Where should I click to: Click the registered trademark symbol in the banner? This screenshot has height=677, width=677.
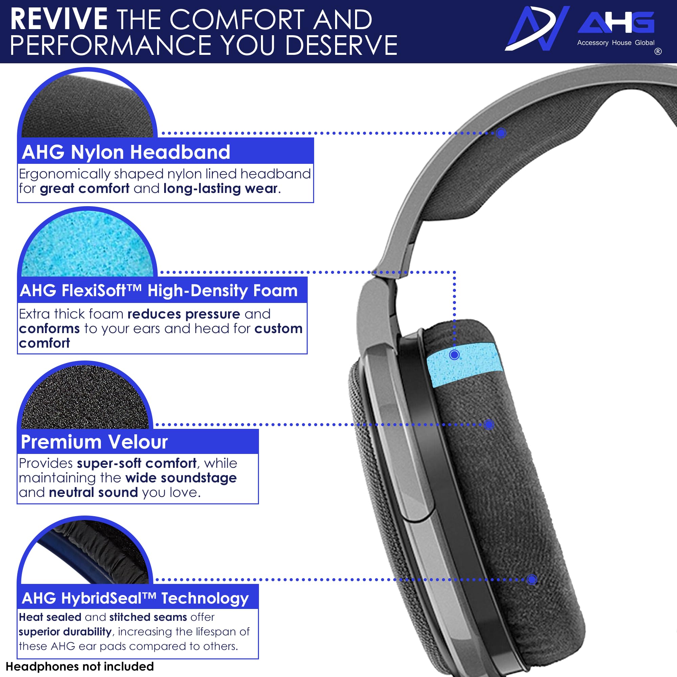(658, 51)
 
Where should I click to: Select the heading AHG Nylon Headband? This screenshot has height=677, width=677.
(126, 152)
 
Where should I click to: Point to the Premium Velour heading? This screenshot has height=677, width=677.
(94, 441)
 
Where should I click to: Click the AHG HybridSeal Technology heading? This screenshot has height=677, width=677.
(135, 598)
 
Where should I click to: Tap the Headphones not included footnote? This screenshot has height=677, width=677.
(80, 666)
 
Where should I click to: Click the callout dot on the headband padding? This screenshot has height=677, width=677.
(501, 133)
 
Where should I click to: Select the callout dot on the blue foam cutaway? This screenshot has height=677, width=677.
(455, 355)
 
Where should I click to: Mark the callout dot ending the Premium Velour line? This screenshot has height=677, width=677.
(489, 424)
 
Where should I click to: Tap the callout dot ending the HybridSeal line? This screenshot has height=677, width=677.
(532, 580)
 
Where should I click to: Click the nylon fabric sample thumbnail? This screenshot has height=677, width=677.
(87, 105)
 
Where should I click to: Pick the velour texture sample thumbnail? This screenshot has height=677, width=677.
(85, 398)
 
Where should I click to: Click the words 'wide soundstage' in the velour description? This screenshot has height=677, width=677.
(181, 478)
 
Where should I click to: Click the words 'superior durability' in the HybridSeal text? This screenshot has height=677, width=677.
(65, 631)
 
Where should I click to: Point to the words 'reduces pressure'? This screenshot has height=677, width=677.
(184, 314)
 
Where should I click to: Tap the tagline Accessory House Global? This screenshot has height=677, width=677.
(616, 43)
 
